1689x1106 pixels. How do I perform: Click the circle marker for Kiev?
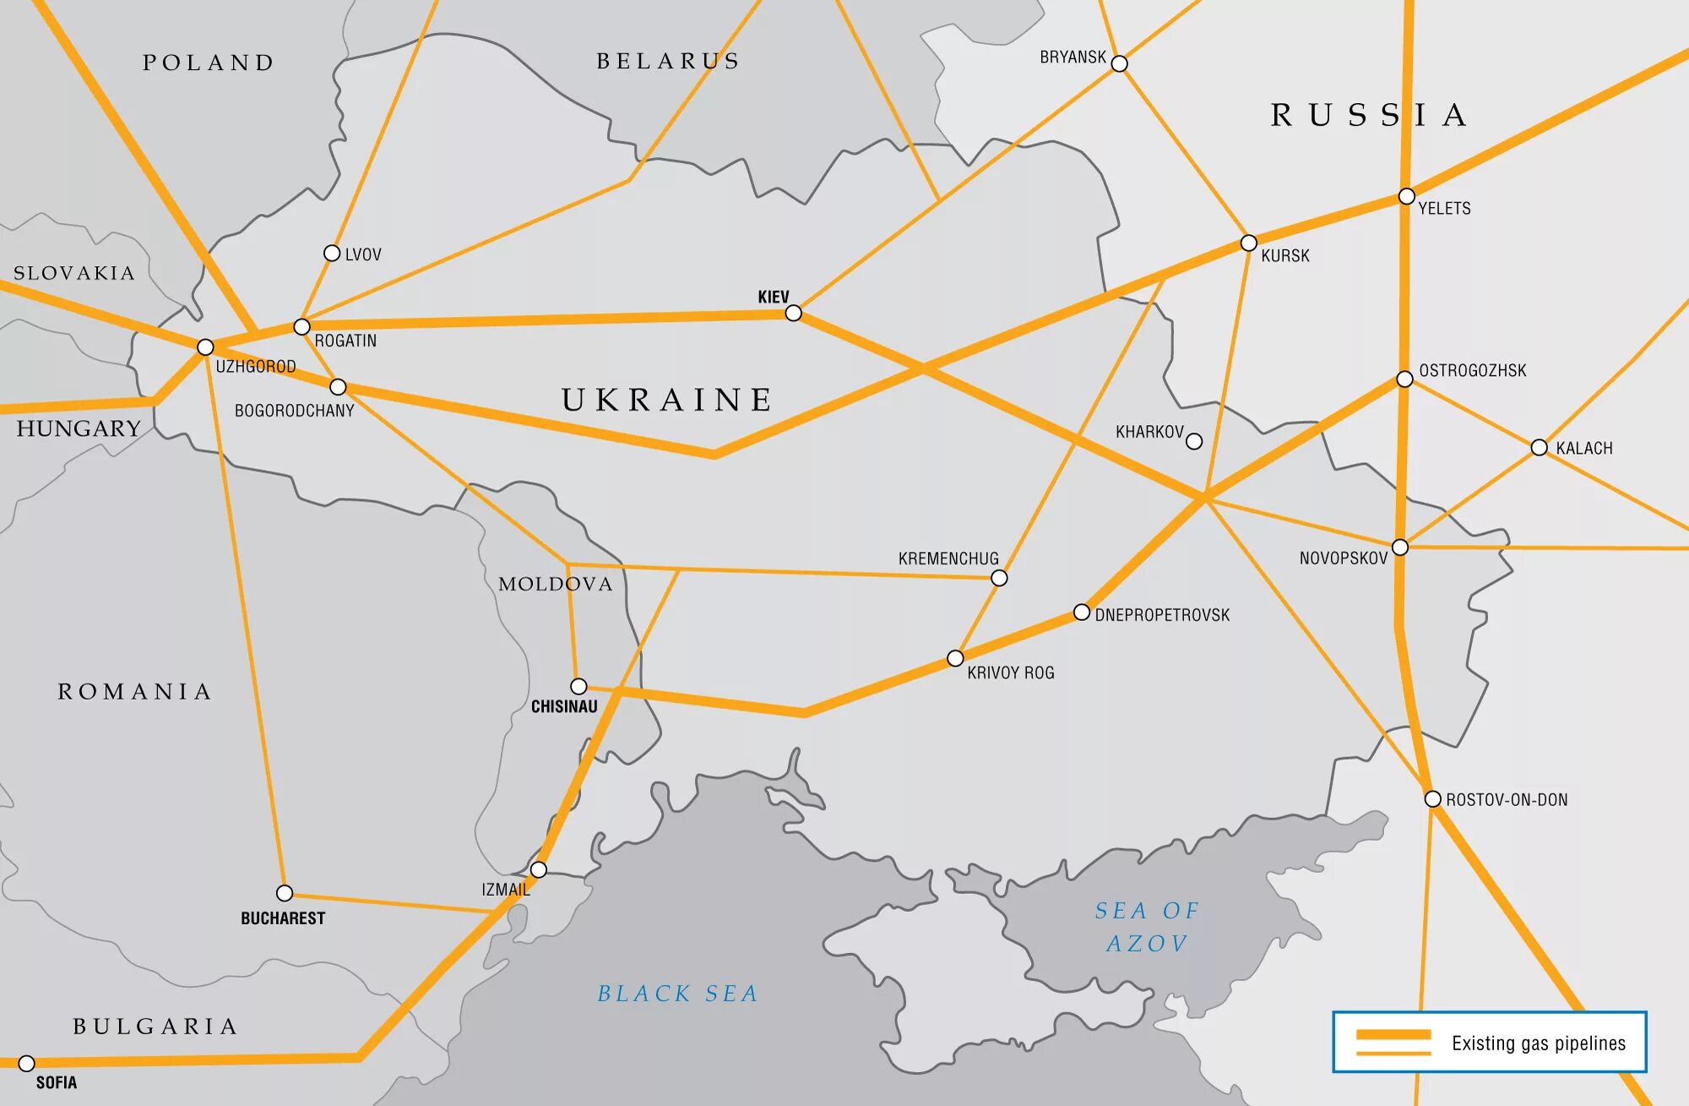coord(793,313)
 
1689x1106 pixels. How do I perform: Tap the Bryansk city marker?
coord(1119,63)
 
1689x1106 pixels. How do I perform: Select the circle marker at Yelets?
coord(1406,196)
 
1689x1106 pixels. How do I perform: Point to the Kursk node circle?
coord(1248,243)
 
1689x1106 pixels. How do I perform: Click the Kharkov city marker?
coord(1194,441)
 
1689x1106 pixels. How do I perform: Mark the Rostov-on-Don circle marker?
coord(1432,798)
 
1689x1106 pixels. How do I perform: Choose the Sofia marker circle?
coord(26,1063)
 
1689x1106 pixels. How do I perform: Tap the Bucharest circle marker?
coord(285,893)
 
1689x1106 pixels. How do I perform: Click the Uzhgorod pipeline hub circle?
coord(205,347)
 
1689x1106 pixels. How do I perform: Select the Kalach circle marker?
coord(1539,447)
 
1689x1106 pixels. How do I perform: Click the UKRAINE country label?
coord(667,400)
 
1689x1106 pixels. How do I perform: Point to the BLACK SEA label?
coord(677,994)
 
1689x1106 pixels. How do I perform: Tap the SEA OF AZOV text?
coord(1146,926)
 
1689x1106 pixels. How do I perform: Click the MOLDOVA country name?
coord(555,584)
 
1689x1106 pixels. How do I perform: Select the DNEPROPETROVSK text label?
coord(1162,615)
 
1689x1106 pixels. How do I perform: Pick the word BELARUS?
coord(668,61)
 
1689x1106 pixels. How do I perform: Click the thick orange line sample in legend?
coord(1393,1035)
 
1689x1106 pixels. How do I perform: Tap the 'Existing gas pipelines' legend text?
coord(1538,1043)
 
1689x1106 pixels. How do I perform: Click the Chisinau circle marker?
coord(578,686)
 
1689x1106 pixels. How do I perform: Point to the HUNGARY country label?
coord(79,428)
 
